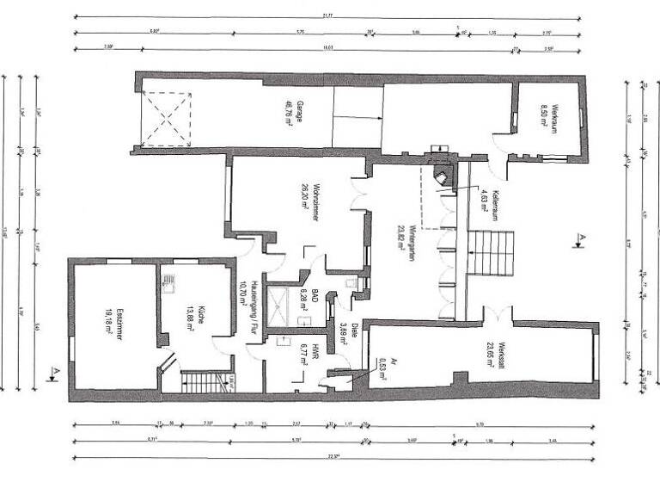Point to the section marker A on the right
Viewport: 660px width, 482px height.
[581, 238]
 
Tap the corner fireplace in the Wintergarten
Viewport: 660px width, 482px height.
[444, 176]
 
